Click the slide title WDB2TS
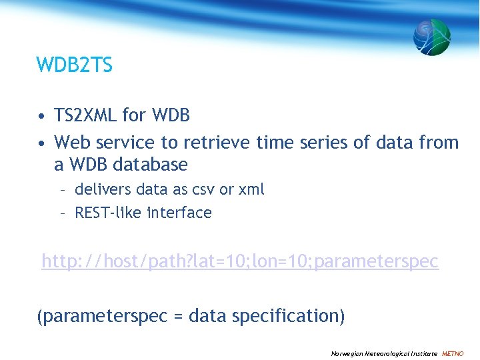(x=75, y=65)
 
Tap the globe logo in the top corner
(x=431, y=37)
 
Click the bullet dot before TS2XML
(x=41, y=117)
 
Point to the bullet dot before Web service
(x=41, y=143)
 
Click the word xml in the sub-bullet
(x=251, y=190)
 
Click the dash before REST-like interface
(x=62, y=213)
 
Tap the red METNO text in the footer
(x=453, y=353)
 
